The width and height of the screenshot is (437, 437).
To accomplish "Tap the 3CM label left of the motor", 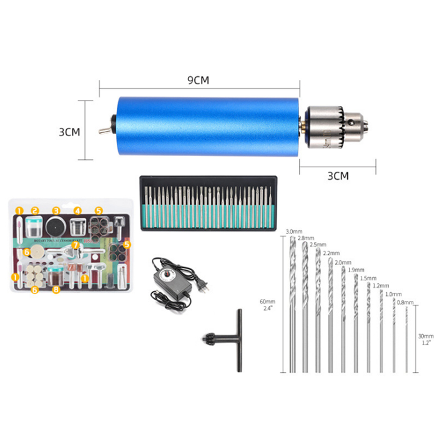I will click(x=69, y=133).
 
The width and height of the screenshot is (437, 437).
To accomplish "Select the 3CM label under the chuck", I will click(x=338, y=175).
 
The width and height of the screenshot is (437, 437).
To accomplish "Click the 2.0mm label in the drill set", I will click(x=343, y=262).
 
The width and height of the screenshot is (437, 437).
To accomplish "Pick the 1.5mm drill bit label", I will click(x=368, y=278).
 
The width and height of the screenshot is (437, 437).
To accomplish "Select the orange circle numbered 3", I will click(x=56, y=211).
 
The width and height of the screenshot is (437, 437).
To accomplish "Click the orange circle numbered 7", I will click(x=75, y=245).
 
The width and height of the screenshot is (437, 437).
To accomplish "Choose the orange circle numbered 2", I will click(x=36, y=211).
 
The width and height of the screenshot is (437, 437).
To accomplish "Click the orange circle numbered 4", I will click(x=77, y=211).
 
